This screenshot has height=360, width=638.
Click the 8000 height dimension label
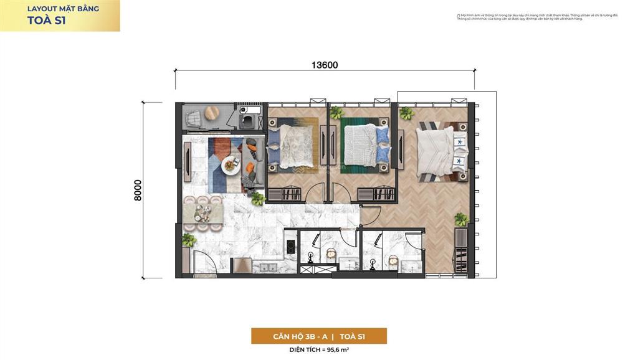point(138,190)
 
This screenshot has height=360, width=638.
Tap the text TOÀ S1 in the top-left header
point(47,20)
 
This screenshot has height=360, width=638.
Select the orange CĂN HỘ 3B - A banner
point(319,336)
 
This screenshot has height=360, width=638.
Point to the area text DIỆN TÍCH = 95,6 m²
point(319,350)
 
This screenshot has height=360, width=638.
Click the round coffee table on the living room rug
point(231,165)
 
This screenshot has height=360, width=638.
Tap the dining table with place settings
point(203,212)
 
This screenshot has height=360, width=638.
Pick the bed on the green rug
point(366,144)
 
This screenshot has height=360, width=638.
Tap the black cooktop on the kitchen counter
point(289,244)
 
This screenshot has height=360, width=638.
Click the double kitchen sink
point(265,267)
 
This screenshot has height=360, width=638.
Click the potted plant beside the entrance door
point(189,240)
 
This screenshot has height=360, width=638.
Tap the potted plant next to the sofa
point(257,199)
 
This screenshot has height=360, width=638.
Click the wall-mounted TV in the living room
point(188,161)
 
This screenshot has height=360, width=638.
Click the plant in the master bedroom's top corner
point(406,113)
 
